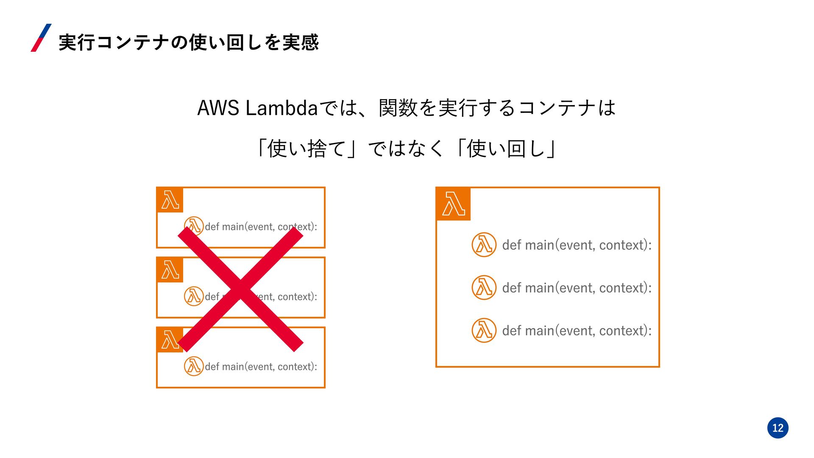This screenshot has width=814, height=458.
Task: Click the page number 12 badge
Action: click(778, 427)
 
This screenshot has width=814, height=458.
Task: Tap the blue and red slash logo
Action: click(41, 38)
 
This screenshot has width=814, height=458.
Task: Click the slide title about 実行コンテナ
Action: click(189, 42)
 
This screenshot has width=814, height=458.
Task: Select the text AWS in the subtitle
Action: click(218, 108)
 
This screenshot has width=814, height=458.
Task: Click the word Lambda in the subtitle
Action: click(282, 108)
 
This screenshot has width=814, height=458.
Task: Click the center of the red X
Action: click(240, 289)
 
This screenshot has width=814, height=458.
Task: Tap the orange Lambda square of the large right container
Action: click(453, 204)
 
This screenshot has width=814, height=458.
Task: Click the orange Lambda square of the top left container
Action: click(170, 200)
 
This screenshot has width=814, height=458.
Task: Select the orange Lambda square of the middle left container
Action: click(170, 270)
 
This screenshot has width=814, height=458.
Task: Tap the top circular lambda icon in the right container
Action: click(484, 245)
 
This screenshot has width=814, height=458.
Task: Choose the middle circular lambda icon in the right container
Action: click(484, 288)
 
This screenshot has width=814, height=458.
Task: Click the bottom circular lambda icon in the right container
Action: click(484, 330)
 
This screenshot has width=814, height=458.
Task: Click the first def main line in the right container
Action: click(577, 245)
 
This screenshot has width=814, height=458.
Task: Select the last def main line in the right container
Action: click(577, 331)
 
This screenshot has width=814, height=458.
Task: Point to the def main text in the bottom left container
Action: click(261, 367)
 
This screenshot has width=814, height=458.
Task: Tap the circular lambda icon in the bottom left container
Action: click(194, 366)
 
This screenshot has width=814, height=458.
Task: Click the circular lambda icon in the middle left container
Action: click(194, 296)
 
